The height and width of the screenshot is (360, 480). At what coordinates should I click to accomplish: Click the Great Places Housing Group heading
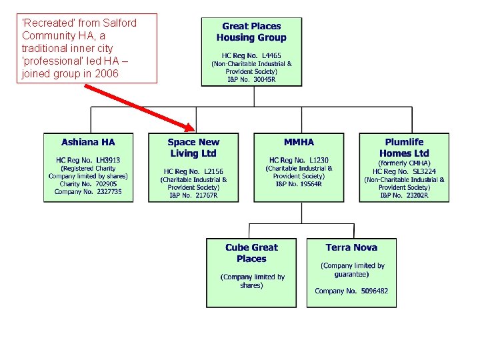pos(251,32)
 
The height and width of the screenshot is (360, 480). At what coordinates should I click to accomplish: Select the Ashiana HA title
pos(88,142)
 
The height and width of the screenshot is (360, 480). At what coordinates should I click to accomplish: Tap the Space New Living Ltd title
pos(193,147)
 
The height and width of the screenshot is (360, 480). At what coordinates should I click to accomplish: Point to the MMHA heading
pos(299,142)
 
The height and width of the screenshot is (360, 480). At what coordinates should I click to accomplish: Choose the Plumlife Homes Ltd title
pos(404,147)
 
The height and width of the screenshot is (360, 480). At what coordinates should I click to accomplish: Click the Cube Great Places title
pos(251,253)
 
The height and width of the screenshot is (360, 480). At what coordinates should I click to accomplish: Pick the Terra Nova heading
pos(351,247)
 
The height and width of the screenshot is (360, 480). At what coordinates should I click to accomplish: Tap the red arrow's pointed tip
pos(193,129)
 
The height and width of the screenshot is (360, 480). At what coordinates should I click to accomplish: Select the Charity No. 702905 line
pos(88,184)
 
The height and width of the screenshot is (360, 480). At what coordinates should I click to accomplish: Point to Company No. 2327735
pos(88,192)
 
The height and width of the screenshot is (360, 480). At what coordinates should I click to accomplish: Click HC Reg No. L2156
pos(193,171)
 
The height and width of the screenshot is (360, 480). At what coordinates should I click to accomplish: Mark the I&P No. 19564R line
pos(299,184)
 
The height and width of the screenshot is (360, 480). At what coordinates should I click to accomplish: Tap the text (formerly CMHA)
pos(404,163)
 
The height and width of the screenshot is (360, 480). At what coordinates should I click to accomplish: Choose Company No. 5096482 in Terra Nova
pos(351,291)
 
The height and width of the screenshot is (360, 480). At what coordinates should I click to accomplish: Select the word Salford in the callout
pos(119,23)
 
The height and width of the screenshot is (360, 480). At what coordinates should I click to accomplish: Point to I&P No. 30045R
pos(251,79)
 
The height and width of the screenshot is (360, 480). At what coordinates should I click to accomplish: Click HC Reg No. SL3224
pos(404,171)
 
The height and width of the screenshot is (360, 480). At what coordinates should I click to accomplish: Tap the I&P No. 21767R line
pos(193,195)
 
